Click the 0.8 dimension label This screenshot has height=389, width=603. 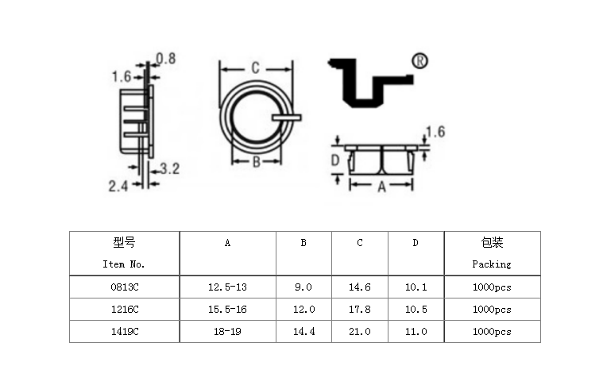pos(166,58)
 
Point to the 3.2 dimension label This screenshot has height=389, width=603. pos(169,168)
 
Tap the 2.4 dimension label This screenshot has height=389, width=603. pos(118,186)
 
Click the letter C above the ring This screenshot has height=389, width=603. pos(255,68)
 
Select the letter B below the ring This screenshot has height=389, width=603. pos(256,163)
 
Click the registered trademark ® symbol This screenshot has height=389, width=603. pos(420,62)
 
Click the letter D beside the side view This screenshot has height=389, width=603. pos(335,161)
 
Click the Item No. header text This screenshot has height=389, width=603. pos(124,264)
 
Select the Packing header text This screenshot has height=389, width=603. pos(492,264)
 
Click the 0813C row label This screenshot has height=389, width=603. pos(124,287)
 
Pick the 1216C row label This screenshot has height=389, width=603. pos(124,309)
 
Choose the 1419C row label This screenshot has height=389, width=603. pos(124,331)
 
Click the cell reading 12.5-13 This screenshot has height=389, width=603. pos(227,287)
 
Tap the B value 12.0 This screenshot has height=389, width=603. pos(303,309)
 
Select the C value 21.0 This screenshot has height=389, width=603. pos(360,331)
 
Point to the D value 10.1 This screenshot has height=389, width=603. pos(416,287)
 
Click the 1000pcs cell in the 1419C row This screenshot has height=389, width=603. pos(492,331)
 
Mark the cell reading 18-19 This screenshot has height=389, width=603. pos(227,331)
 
